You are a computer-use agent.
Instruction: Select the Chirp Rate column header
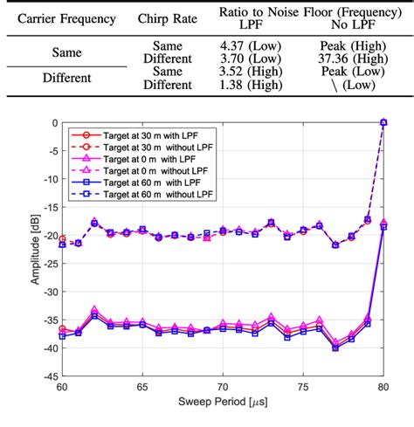(x=169, y=18)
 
